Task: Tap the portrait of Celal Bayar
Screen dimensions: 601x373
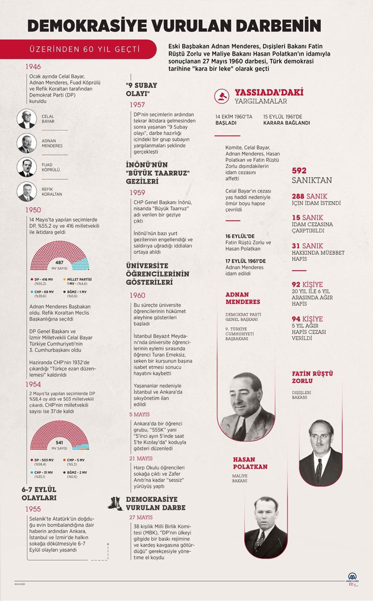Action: tap(27, 118)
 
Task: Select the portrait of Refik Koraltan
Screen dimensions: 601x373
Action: tap(27, 191)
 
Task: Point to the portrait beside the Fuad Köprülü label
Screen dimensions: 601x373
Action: tap(27, 167)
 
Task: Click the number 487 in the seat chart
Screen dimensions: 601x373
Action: tap(59, 262)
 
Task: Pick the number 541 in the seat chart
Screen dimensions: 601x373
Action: tap(59, 442)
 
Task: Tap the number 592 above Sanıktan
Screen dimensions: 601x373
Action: tap(299, 171)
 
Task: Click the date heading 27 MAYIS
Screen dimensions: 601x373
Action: tap(141, 517)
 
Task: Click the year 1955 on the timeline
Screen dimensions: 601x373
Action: tap(33, 509)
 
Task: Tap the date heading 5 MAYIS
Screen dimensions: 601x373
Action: tap(139, 414)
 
